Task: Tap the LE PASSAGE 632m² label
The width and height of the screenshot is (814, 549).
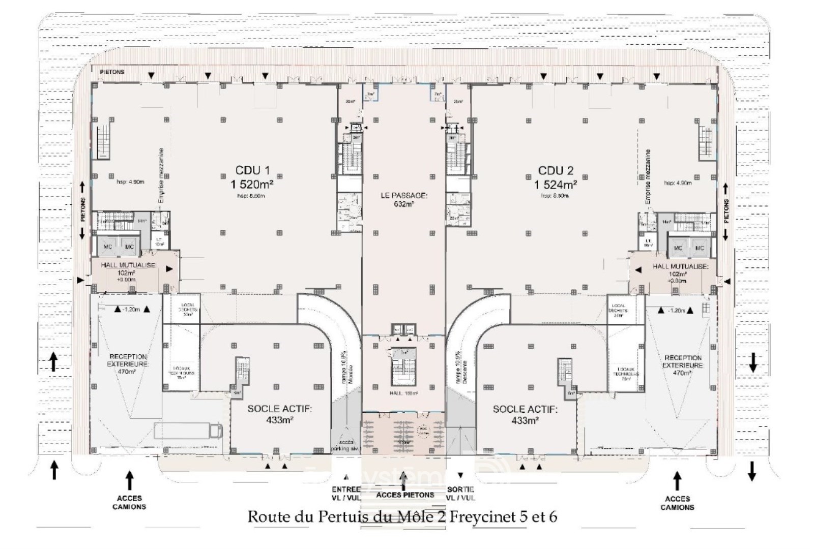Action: pos(404,199)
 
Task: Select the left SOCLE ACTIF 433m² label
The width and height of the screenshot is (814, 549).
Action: pos(279,414)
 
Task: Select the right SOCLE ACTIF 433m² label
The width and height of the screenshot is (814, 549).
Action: pos(525,414)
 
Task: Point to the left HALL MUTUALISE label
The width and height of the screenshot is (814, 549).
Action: pos(128,265)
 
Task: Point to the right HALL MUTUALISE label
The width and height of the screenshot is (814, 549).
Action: pos(681,266)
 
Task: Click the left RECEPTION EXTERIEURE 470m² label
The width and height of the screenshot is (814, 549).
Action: pos(128,364)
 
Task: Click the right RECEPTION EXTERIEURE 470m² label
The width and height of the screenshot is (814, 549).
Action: pos(683,365)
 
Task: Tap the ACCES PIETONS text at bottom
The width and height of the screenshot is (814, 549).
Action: pos(405,495)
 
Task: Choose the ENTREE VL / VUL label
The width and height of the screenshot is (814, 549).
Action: pos(346,494)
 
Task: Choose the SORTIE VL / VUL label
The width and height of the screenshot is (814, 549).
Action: pos(461,494)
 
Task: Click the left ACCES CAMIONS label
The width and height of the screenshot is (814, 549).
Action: pos(129,502)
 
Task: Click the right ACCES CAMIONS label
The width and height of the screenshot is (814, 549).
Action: pos(677,502)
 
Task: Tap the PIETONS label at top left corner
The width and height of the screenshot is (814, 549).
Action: pos(112,72)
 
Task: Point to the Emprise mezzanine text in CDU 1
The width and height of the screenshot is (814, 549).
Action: pos(161,175)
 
